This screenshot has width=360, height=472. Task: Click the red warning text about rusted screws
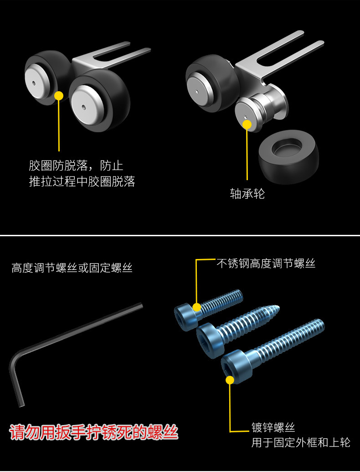[x=94, y=432]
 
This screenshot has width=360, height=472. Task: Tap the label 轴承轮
[x=247, y=194]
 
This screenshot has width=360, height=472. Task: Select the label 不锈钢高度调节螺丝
[x=266, y=263]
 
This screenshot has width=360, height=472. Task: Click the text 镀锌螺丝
[x=273, y=428]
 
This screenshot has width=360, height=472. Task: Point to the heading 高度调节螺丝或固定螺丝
[x=72, y=268]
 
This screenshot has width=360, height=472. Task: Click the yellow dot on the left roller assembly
[x=59, y=95]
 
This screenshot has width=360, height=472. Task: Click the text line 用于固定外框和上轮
[x=301, y=443]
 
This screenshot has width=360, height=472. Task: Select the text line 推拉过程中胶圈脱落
[x=82, y=182]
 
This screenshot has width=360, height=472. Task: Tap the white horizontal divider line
[x=180, y=235]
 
